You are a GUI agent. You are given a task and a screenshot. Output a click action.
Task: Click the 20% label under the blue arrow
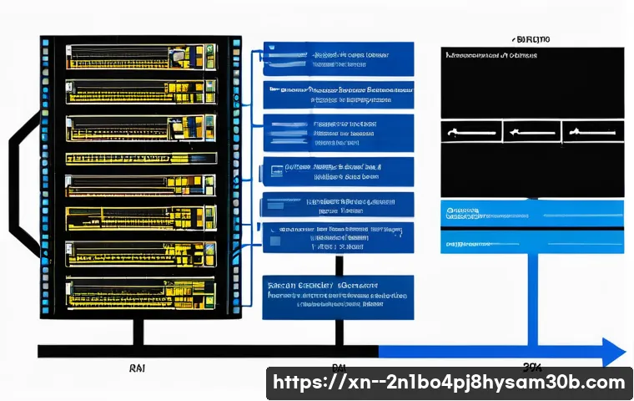[x=531, y=367]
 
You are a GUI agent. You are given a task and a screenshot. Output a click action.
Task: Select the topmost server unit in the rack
[x=138, y=57]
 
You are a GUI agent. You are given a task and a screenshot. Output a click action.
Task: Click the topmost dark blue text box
[x=338, y=57]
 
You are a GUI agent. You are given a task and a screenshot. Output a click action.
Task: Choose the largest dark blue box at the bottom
[x=338, y=297]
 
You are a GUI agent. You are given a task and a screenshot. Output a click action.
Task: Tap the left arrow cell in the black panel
[x=470, y=132]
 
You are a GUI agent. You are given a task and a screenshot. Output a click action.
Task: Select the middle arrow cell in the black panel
[x=531, y=132]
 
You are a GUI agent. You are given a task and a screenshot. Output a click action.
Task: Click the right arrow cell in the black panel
[x=592, y=132]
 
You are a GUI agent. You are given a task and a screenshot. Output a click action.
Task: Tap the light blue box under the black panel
[x=531, y=226]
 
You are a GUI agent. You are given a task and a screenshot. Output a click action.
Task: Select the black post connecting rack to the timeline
[x=138, y=330]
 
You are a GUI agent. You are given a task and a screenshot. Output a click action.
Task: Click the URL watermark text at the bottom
[x=449, y=383]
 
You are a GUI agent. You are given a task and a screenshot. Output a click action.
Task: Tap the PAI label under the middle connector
[x=338, y=367]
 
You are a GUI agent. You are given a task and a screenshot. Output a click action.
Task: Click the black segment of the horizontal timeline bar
[x=209, y=351]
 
